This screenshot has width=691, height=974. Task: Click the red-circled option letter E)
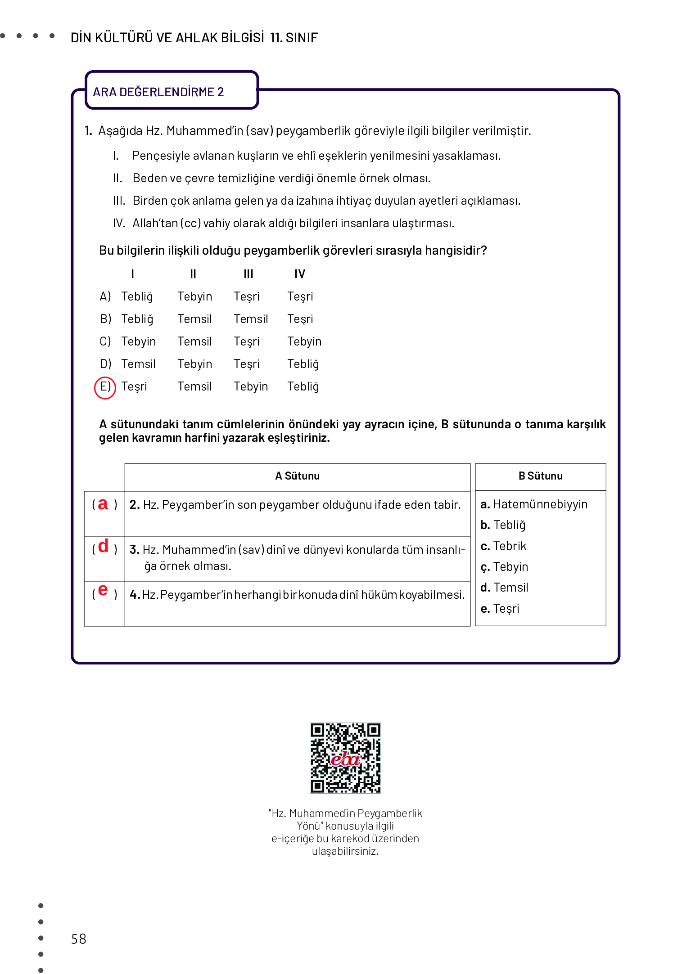[105, 387]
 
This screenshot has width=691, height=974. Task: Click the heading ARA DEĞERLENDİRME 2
[158, 92]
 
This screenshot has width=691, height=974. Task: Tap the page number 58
[78, 938]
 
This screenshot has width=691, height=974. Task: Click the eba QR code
[345, 758]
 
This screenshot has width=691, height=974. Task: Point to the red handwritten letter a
[103, 504]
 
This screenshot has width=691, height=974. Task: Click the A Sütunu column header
[297, 476]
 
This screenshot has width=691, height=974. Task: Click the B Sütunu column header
[540, 476]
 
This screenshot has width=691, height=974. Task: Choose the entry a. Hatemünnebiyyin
[534, 504]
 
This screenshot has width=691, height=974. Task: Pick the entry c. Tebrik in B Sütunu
[503, 546]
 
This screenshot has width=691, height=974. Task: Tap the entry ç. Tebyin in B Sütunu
[504, 567]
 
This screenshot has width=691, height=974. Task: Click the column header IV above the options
[300, 274]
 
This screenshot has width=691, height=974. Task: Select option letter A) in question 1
[105, 296]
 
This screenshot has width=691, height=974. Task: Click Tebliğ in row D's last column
[303, 364]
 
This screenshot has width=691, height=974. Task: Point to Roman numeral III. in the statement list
[119, 201]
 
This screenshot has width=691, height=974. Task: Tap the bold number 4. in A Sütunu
[135, 595]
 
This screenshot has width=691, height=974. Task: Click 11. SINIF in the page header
[294, 37]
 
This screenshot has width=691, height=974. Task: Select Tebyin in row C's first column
[138, 341]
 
